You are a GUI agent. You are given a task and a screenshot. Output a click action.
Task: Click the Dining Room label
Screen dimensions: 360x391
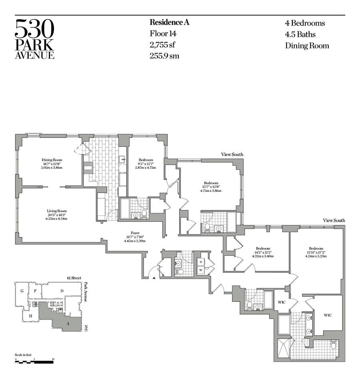pyautogui.click(x=52, y=160)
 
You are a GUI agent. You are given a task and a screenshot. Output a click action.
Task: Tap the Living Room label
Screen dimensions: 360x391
pyautogui.click(x=57, y=211)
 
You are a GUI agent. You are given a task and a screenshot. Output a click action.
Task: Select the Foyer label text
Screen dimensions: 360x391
pyautogui.click(x=134, y=233)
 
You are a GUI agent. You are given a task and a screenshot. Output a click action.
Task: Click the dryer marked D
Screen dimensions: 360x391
pyautogui.click(x=200, y=261)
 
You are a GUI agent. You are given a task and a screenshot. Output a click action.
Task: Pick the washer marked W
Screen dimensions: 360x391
pyautogui.click(x=200, y=270)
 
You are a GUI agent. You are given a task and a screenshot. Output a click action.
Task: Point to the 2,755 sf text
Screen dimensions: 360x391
pyautogui.click(x=163, y=45)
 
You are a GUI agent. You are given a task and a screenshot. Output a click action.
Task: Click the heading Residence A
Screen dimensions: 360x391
pyautogui.click(x=169, y=22)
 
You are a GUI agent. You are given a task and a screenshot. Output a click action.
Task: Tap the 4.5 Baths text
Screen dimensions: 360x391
pyautogui.click(x=300, y=34)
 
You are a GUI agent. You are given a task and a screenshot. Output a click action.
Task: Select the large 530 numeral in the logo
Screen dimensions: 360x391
pyautogui.click(x=34, y=29)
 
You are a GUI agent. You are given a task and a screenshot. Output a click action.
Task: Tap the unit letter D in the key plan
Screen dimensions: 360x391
pyautogui.click(x=62, y=290)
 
